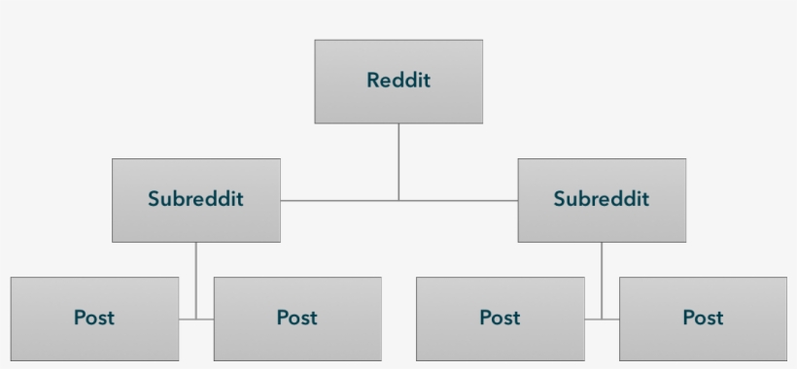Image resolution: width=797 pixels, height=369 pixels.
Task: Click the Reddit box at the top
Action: coord(398,101)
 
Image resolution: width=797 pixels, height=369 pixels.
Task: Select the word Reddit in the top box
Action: coord(398,81)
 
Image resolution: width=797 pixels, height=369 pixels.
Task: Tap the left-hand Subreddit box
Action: coord(196,221)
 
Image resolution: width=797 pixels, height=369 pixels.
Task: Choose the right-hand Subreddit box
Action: coord(602,221)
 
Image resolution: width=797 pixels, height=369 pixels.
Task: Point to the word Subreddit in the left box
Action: coord(196,199)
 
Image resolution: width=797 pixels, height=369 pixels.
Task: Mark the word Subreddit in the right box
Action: coord(602,199)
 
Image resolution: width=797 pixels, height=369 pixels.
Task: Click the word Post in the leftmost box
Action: coord(94,318)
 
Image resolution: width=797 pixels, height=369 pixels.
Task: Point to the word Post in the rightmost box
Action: coord(703,318)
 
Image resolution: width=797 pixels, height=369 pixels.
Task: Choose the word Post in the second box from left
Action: coord(297,318)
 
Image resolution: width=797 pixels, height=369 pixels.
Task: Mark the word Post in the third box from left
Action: coord(501,318)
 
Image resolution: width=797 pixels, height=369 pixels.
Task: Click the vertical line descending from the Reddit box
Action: coord(398,160)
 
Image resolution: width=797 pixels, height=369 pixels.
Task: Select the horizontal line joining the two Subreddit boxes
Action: coord(340,200)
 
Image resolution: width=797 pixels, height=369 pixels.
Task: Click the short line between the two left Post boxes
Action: coord(196,319)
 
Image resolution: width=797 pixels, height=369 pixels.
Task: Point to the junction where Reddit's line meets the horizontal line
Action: coord(398,200)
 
